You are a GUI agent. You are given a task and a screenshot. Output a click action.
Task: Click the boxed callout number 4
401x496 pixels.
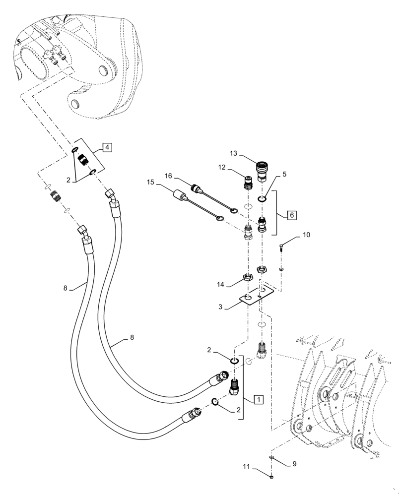click(108, 147)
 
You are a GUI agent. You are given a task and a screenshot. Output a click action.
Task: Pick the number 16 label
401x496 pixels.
click(168, 176)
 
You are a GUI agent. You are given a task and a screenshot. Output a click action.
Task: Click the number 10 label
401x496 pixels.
click(306, 234)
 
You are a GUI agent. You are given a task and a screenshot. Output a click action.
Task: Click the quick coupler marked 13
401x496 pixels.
click(261, 169)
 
